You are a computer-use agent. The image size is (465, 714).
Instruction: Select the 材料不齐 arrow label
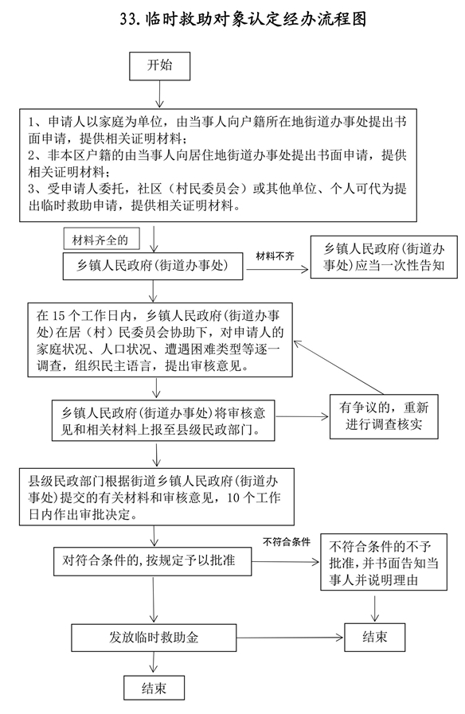click(275, 256)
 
